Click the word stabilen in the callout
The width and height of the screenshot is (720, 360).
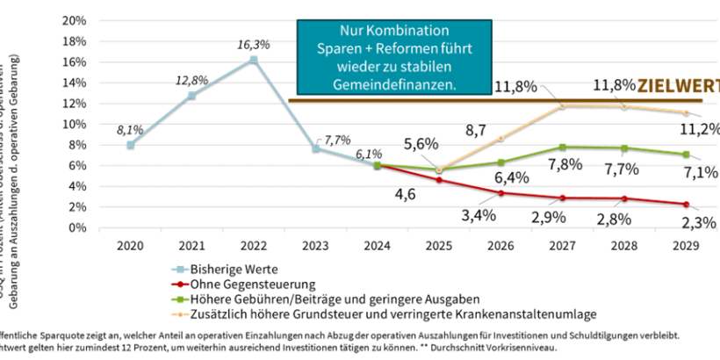(443, 67)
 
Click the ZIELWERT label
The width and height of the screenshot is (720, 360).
(676, 86)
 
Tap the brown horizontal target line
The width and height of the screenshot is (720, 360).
(527, 101)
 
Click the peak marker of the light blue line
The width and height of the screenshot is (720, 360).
(254, 59)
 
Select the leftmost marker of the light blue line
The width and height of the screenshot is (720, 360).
(130, 144)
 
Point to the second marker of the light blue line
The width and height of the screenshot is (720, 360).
(191, 95)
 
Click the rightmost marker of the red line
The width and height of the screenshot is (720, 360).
(686, 204)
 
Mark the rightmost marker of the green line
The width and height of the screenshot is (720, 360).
(686, 154)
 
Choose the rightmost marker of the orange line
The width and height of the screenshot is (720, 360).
(686, 112)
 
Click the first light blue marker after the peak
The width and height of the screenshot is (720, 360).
(315, 148)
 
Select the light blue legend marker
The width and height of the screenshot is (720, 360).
(180, 270)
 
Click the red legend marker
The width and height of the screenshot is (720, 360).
(180, 284)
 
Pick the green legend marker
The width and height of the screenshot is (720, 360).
(180, 299)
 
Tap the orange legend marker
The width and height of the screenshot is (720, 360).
(180, 313)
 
